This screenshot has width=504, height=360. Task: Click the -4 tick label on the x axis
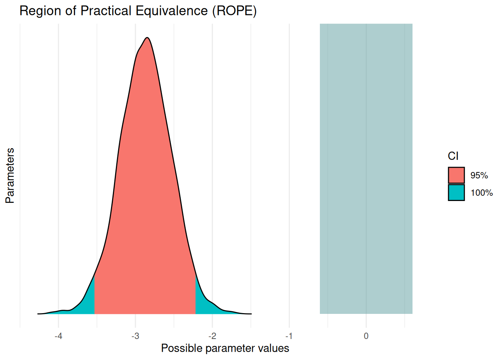click(x=58, y=336)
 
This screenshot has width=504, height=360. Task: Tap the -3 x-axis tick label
click(x=135, y=336)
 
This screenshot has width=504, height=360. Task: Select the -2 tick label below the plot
click(x=212, y=336)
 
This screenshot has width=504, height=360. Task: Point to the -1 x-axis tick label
click(x=289, y=336)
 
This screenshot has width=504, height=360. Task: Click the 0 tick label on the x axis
click(x=366, y=336)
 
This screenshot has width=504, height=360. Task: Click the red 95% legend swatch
click(x=456, y=175)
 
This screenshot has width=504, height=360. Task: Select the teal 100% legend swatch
click(x=456, y=192)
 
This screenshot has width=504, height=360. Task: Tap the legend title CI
click(x=453, y=156)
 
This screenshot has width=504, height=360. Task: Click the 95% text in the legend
click(x=479, y=175)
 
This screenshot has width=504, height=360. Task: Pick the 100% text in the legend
click(x=481, y=193)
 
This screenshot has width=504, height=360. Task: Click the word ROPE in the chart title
click(x=234, y=11)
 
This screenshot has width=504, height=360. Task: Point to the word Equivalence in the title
click(x=171, y=11)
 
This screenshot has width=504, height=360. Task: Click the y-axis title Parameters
click(x=10, y=175)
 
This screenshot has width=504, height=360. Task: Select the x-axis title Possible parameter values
click(x=225, y=348)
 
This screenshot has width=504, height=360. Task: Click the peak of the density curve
click(x=147, y=38)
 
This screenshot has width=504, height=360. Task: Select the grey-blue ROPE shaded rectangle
click(x=366, y=169)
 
